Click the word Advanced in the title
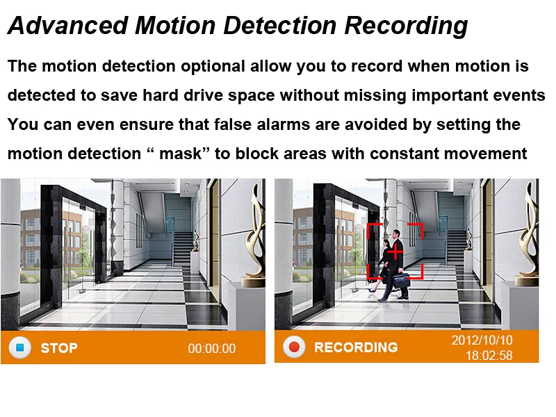click(x=67, y=25)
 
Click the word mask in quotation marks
click(x=180, y=154)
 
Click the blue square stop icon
click(x=20, y=347)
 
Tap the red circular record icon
click(x=294, y=346)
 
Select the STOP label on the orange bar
click(x=59, y=348)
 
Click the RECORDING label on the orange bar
click(x=356, y=347)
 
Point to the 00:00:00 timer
click(x=212, y=349)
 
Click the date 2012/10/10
click(x=482, y=340)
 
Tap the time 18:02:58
click(x=489, y=355)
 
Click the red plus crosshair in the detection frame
click(x=395, y=252)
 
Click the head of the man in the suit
click(x=396, y=234)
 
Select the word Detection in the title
click(x=280, y=25)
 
